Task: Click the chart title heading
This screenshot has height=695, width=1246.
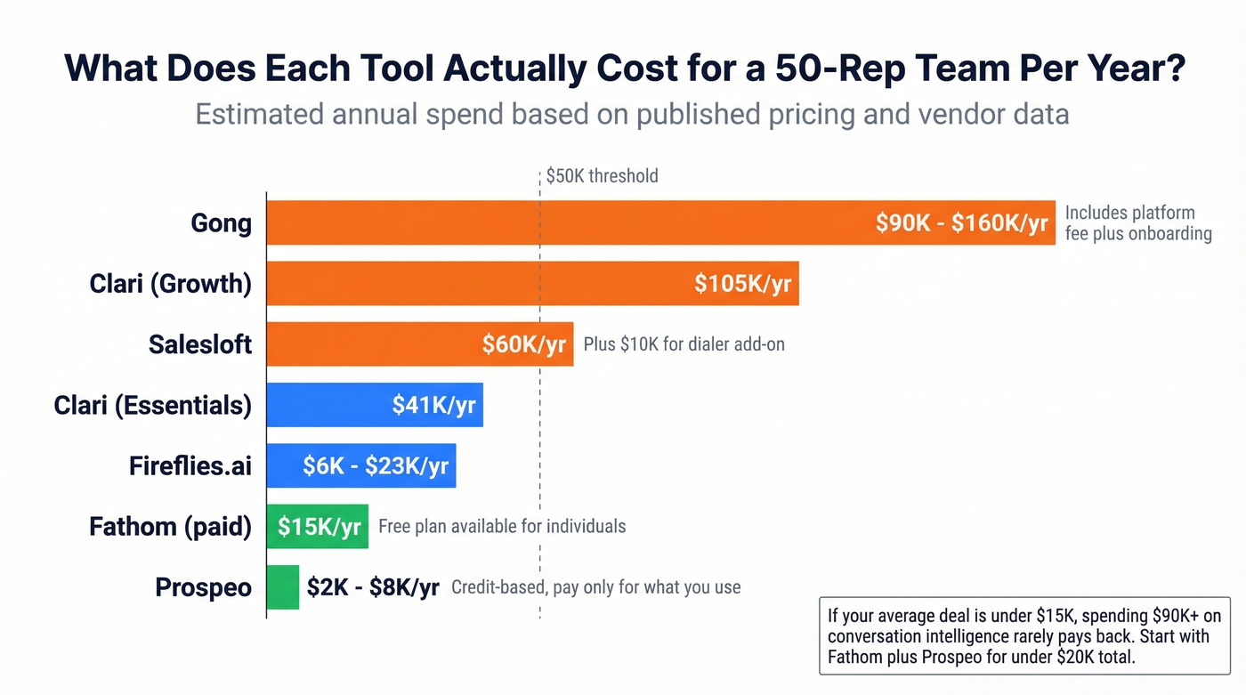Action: (624, 69)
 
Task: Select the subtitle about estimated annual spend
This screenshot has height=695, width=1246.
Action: (632, 114)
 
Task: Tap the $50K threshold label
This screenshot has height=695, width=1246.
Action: (603, 175)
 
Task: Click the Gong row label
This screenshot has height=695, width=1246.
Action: (221, 222)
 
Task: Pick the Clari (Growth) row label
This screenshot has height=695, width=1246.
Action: (170, 284)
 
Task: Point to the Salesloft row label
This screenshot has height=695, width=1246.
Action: (200, 344)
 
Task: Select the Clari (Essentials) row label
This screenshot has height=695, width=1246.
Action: (152, 405)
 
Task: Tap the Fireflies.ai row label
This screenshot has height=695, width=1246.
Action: (190, 465)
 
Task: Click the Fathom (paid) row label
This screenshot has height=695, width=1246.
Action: (170, 527)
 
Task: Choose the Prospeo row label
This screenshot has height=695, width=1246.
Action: (203, 587)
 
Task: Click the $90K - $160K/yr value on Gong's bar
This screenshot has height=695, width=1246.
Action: (961, 222)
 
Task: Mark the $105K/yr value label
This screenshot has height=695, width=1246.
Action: (742, 284)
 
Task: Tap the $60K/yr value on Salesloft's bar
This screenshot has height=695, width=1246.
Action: (523, 344)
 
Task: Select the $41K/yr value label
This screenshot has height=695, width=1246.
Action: (433, 405)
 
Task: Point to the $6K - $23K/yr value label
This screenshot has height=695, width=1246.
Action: (375, 465)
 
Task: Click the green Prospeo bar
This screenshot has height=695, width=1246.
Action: (283, 587)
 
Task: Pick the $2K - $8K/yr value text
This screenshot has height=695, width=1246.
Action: (373, 587)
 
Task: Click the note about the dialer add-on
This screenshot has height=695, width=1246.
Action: (684, 344)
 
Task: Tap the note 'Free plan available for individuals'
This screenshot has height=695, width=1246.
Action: (502, 527)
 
